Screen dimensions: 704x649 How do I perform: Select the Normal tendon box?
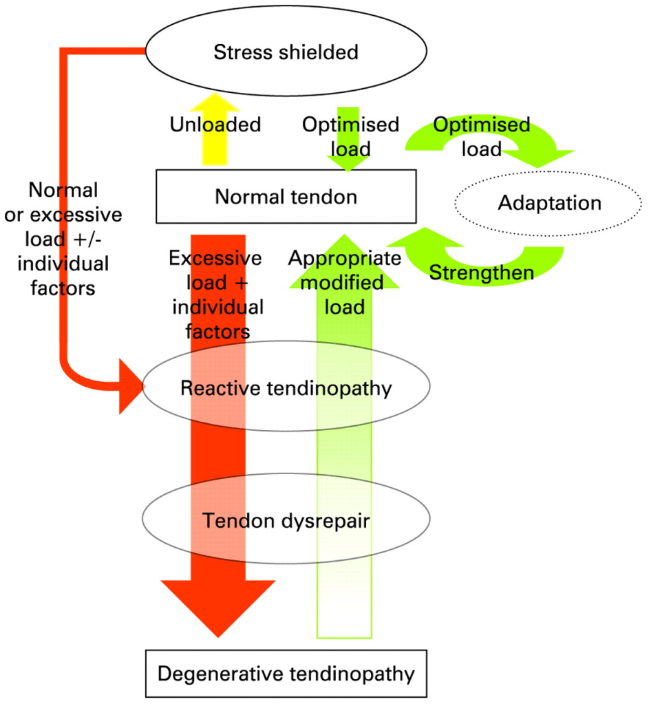click(286, 196)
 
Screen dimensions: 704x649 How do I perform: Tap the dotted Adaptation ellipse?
click(549, 203)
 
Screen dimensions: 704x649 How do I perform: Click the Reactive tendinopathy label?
click(286, 387)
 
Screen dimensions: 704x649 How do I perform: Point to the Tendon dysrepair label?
click(286, 521)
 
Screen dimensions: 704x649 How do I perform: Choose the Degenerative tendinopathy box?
click(286, 673)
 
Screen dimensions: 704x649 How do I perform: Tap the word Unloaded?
click(215, 125)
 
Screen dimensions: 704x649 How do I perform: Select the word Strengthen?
click(481, 272)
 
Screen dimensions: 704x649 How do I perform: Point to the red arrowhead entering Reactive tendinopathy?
click(131, 387)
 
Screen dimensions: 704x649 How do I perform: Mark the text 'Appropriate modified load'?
click(344, 282)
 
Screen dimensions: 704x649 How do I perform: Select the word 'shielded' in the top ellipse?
click(322, 52)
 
